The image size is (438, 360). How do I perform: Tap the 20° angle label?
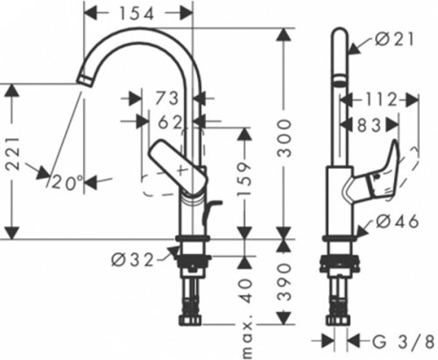click(67, 182)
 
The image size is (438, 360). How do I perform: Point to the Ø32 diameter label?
click(134, 259)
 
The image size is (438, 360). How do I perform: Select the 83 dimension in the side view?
click(371, 125)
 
